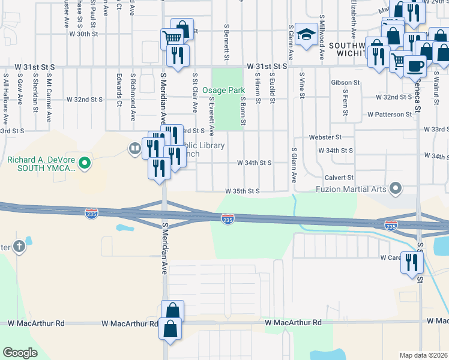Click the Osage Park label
(x=220, y=89)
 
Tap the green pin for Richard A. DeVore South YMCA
(x=85, y=162)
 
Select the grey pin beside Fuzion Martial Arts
(x=396, y=189)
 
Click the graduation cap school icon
(x=306, y=34)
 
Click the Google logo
(x=20, y=353)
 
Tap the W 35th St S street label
(x=241, y=191)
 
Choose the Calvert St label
(x=339, y=178)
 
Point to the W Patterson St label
(x=390, y=113)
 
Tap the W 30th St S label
(x=83, y=34)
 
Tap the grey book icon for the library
(x=133, y=148)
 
